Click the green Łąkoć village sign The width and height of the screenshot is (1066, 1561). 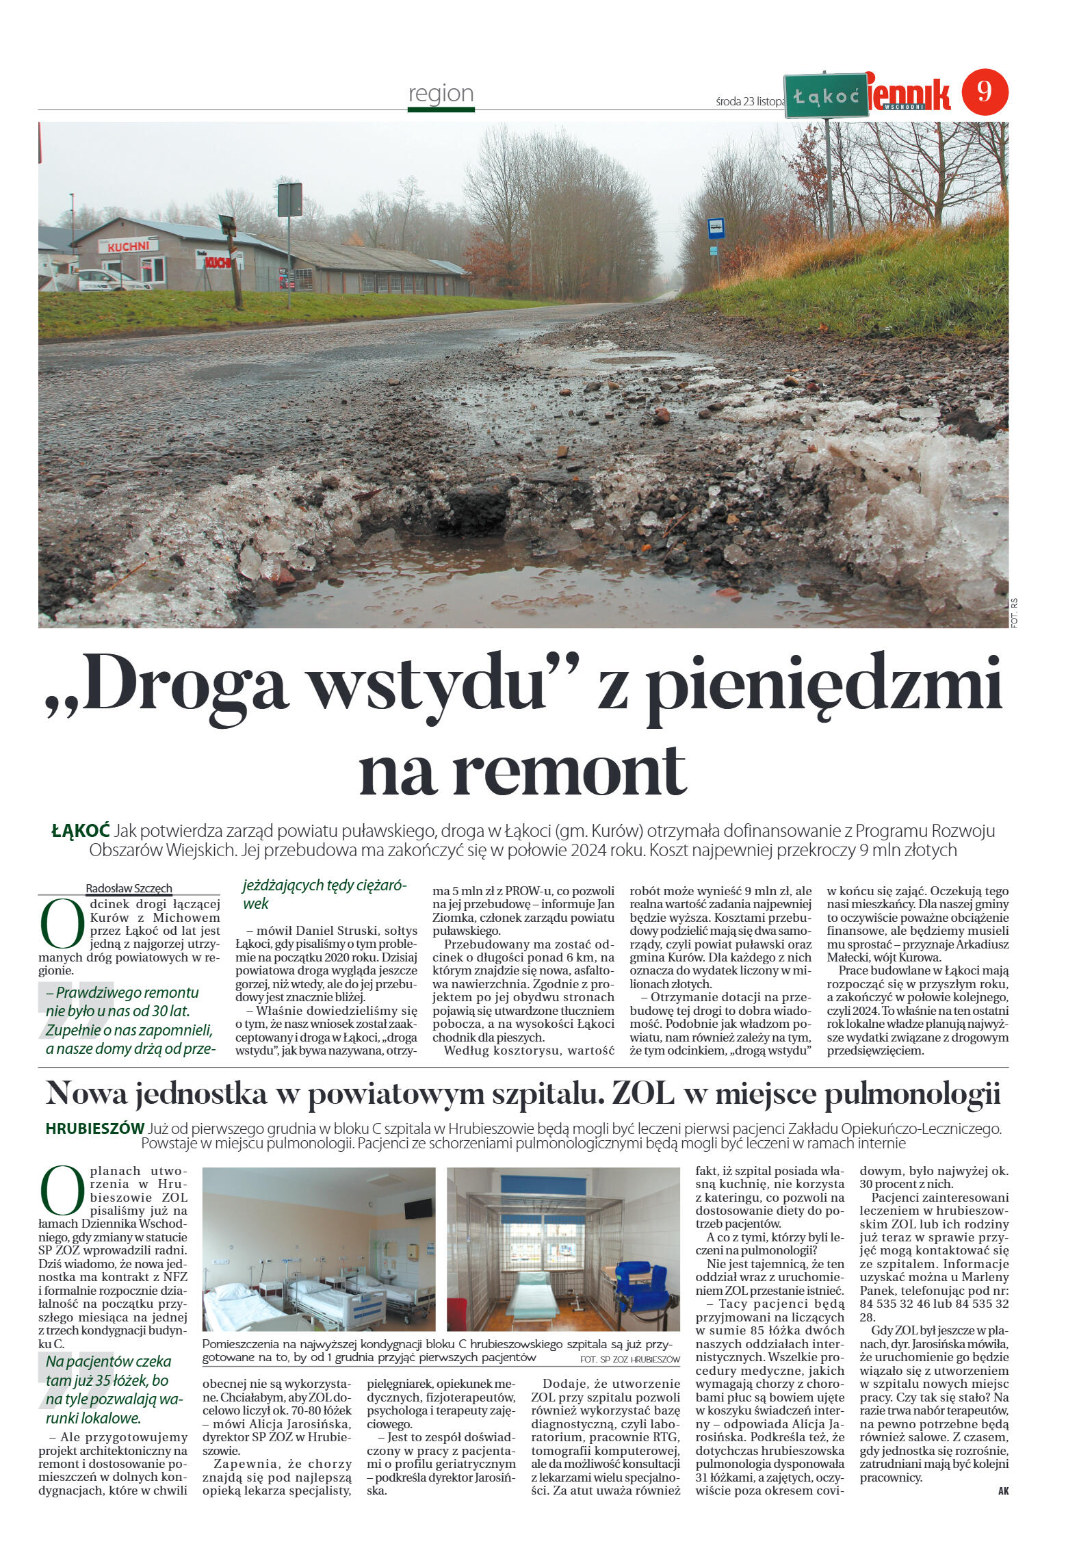[x=825, y=96]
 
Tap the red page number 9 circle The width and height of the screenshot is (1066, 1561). [x=985, y=92]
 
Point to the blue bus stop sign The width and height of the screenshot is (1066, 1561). [x=716, y=225]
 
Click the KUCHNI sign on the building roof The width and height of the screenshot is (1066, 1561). [x=128, y=246]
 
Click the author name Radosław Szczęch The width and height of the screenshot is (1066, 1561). [x=129, y=888]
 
